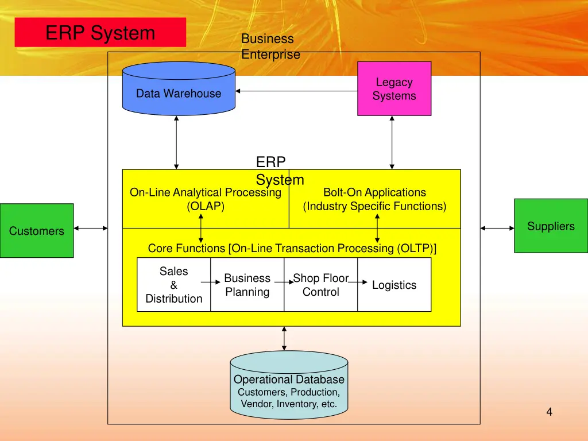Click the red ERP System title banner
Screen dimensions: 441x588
point(100,32)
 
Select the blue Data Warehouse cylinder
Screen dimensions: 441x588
point(179,92)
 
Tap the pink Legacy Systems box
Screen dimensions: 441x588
point(394,89)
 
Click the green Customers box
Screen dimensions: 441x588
point(37,230)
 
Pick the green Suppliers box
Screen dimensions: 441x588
point(551,226)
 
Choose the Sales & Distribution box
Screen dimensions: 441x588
point(173,285)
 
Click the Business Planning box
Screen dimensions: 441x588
point(247,285)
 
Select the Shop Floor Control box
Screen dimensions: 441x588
point(320,285)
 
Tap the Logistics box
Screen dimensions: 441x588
point(394,285)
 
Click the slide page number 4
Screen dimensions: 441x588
point(550,411)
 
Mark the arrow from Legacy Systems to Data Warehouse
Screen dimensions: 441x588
point(296,91)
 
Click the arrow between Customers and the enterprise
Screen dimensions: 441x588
point(91,229)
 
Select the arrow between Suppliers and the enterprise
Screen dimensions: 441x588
point(497,229)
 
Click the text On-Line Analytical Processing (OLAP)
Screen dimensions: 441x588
point(206,199)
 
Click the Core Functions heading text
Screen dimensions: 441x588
point(292,249)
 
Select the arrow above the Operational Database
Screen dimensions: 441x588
point(284,339)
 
